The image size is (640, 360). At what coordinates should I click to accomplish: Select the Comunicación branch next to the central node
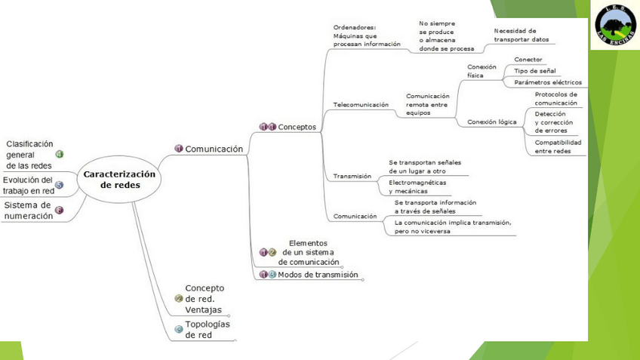(214, 149)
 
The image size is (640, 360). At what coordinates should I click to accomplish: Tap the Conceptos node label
(297, 127)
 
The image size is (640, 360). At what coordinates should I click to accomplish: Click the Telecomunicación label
(361, 104)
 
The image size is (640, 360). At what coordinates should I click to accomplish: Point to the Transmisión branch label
(352, 176)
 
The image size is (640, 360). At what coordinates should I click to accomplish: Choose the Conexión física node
(482, 71)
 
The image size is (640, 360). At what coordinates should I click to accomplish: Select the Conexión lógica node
(492, 122)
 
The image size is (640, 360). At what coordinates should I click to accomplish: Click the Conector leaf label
(528, 59)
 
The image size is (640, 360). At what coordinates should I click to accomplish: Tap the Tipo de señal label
(534, 70)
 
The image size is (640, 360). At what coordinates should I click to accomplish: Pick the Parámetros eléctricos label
(547, 82)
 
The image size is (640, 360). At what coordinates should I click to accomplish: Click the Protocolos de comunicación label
(555, 98)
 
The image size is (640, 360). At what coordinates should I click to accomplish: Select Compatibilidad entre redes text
(558, 146)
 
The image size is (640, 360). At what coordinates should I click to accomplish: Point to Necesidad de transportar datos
(521, 35)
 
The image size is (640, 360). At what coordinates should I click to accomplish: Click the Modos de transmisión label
(318, 275)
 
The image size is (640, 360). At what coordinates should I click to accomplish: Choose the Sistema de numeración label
(28, 210)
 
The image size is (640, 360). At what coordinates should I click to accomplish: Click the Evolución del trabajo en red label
(28, 185)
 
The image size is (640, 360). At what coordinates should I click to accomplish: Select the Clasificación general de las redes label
(29, 154)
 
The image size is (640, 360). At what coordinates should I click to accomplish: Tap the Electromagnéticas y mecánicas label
(417, 186)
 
